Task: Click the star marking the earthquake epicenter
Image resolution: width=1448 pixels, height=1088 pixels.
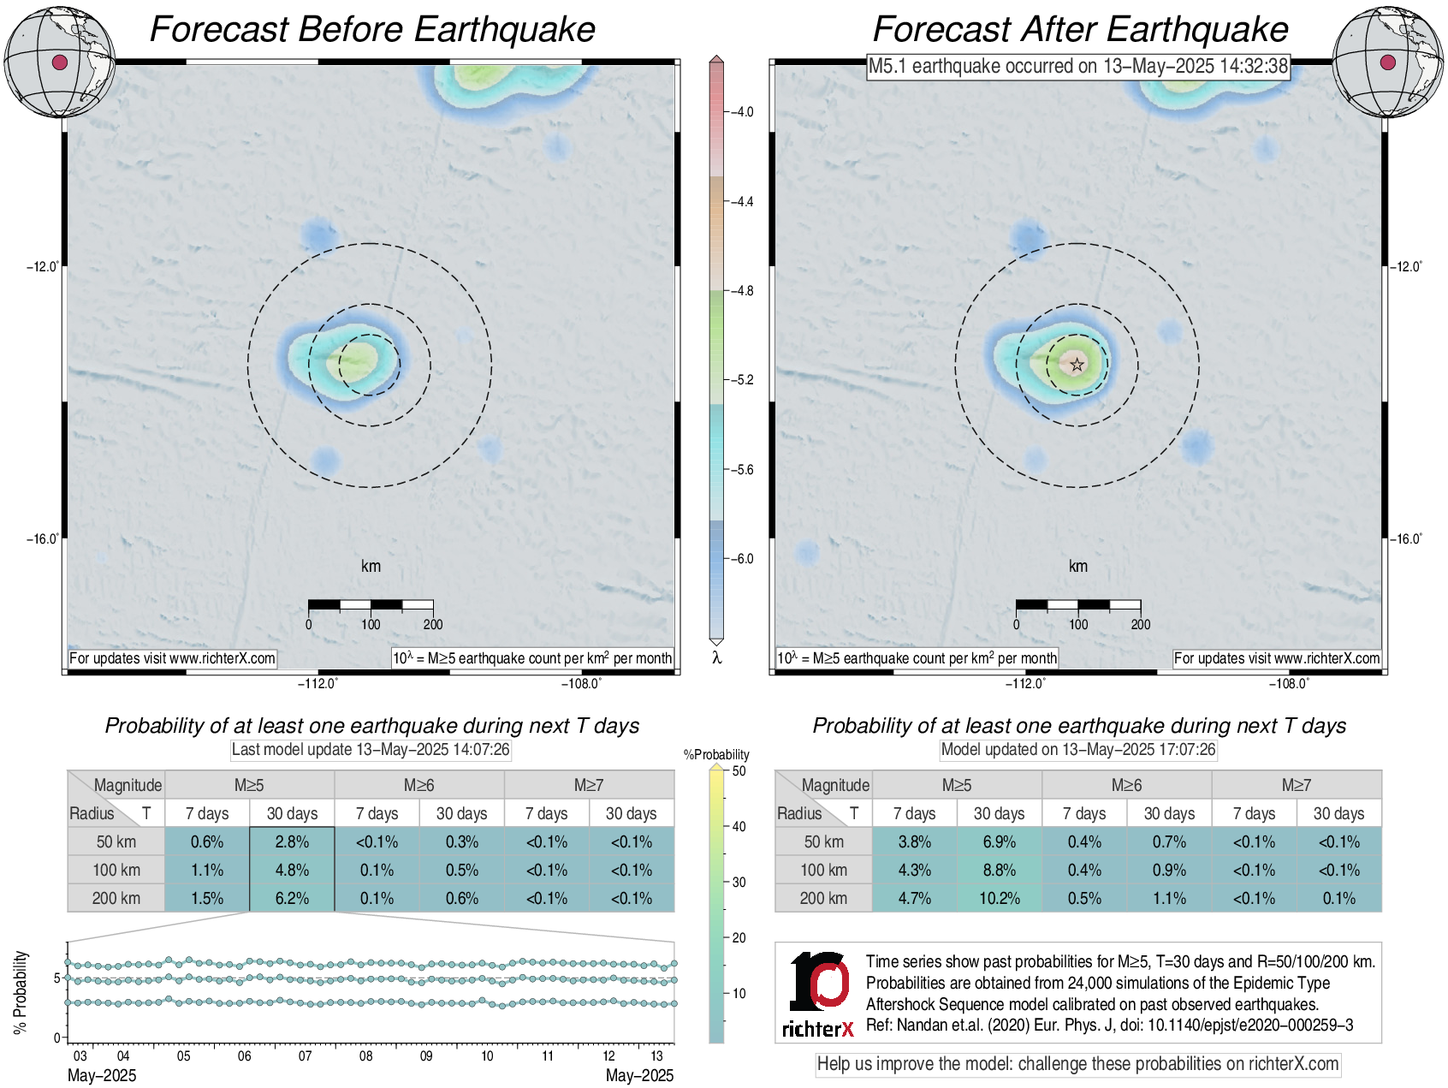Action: coord(1077,365)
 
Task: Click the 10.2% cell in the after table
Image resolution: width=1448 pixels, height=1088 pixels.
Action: coord(999,898)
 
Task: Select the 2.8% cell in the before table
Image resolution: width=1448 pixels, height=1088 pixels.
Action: coord(292,841)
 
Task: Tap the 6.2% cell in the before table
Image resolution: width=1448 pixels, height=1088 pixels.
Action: coord(292,898)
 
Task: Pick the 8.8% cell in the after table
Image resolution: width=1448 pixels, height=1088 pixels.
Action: coord(999,870)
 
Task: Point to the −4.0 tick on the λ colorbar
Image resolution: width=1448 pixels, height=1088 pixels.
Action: coord(727,112)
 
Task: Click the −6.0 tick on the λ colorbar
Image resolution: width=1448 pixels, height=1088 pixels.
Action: coord(727,559)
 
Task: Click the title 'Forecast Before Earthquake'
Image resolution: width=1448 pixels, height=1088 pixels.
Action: coord(372,29)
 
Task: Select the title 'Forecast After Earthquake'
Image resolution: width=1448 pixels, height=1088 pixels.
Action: coord(1080,29)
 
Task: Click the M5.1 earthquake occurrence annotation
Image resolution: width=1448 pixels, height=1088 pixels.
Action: coord(1077,66)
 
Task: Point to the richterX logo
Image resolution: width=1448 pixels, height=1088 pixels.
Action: coord(818,994)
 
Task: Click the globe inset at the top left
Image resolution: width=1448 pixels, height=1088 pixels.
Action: coord(59,62)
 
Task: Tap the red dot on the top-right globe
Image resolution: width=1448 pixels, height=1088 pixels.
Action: coord(1388,62)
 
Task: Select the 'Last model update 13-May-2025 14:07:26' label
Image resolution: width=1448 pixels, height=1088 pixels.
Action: coord(371,750)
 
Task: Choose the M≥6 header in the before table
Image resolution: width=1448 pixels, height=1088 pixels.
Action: coord(418,785)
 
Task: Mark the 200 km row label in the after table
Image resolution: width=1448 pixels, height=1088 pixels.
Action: coord(823,898)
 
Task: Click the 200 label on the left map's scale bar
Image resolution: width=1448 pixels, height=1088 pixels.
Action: coord(433,625)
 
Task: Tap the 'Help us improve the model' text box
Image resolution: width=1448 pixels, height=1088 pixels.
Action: coord(1077,1064)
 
